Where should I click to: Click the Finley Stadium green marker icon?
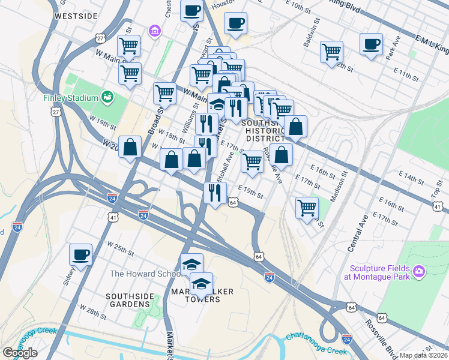(x=108, y=96)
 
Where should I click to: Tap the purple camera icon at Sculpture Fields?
(x=418, y=273)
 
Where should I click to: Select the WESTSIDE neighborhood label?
(x=76, y=16)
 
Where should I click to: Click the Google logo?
(x=20, y=353)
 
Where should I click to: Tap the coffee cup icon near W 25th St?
(x=80, y=254)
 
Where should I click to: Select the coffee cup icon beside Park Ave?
(x=371, y=44)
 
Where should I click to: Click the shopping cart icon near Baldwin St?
(x=331, y=52)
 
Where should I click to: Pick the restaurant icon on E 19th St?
(x=214, y=193)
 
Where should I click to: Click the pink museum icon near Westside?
(x=155, y=30)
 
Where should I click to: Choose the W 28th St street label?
(x=95, y=315)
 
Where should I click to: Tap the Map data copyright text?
(x=424, y=355)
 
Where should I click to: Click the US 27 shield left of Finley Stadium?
(x=55, y=112)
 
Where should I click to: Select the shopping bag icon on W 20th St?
(x=130, y=147)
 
